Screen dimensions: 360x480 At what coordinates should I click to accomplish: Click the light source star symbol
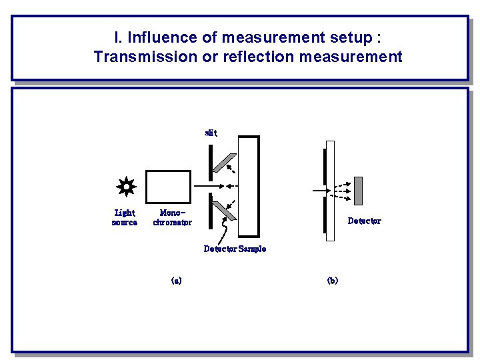(x=125, y=187)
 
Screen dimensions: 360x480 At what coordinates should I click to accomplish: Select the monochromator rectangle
(x=168, y=187)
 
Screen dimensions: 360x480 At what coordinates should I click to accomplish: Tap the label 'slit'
(x=211, y=133)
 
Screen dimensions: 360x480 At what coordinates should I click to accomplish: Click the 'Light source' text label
(x=125, y=217)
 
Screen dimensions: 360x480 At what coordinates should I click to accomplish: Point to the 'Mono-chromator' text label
(x=172, y=217)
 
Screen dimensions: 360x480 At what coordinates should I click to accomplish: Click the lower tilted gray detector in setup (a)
(x=224, y=211)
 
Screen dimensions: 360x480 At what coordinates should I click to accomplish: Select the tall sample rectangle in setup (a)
(x=249, y=187)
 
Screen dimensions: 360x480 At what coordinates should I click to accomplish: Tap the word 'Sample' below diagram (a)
(x=252, y=249)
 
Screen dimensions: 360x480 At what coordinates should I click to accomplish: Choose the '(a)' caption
(x=176, y=281)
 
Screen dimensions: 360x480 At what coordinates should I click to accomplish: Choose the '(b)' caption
(x=332, y=281)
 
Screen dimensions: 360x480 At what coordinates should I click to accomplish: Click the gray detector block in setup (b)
(x=358, y=190)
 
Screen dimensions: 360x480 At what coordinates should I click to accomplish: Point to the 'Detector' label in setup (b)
(x=364, y=221)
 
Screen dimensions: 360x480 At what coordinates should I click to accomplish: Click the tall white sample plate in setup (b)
(x=329, y=190)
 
